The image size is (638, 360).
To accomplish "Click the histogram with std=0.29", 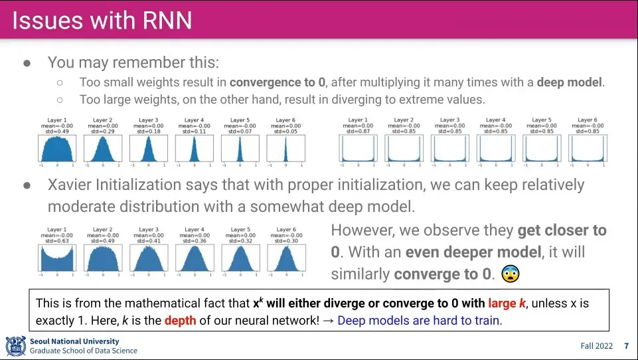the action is (x=102, y=148).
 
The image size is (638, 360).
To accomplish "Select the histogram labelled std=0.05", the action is (x=285, y=148).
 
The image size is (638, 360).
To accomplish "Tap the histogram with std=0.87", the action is (x=357, y=148).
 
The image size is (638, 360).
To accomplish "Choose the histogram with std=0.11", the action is (x=194, y=148).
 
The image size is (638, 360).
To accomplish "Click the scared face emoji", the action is (x=509, y=274).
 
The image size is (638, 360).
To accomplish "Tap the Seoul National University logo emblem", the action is (x=16, y=346).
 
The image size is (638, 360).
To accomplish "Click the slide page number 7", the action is (x=626, y=346).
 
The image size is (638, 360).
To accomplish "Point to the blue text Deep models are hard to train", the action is (x=420, y=321).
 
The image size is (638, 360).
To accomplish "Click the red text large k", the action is (x=507, y=304).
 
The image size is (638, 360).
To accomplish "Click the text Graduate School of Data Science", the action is (x=84, y=351).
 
